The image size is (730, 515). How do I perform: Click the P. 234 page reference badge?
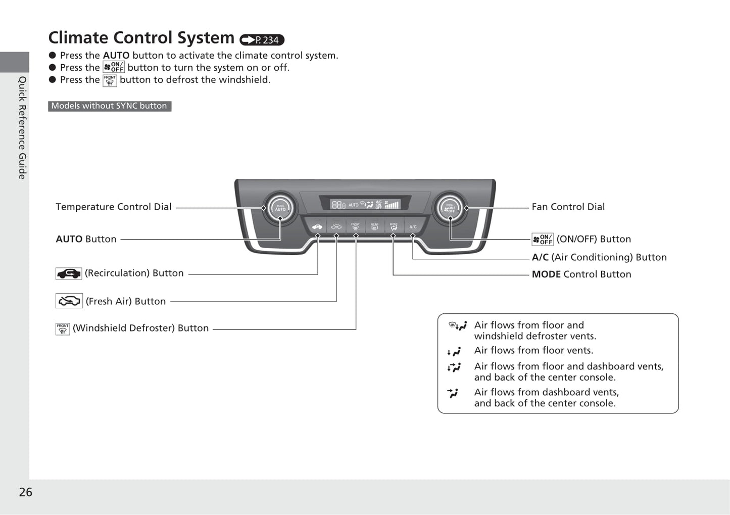262,40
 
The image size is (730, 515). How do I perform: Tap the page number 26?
25,492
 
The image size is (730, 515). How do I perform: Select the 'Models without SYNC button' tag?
109,106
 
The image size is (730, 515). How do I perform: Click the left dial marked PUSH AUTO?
280,208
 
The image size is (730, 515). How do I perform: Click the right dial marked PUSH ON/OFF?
450,208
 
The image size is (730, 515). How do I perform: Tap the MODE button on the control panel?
394,226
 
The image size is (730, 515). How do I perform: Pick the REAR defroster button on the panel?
374,226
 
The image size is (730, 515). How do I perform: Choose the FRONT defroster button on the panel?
356,226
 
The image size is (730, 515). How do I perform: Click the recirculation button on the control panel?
317,226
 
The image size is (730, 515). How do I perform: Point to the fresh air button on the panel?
336,226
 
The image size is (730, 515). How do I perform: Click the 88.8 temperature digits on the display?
338,205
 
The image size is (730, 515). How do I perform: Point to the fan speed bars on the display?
392,205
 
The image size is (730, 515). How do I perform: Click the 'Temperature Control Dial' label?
114,207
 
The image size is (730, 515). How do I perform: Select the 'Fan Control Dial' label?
568,207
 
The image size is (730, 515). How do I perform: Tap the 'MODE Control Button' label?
581,274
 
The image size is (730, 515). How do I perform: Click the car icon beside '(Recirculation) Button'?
69,273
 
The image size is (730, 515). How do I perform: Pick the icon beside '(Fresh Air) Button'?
69,301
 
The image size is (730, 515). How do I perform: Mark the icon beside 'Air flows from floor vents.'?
454,351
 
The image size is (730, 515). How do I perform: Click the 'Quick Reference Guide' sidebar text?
22,127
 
